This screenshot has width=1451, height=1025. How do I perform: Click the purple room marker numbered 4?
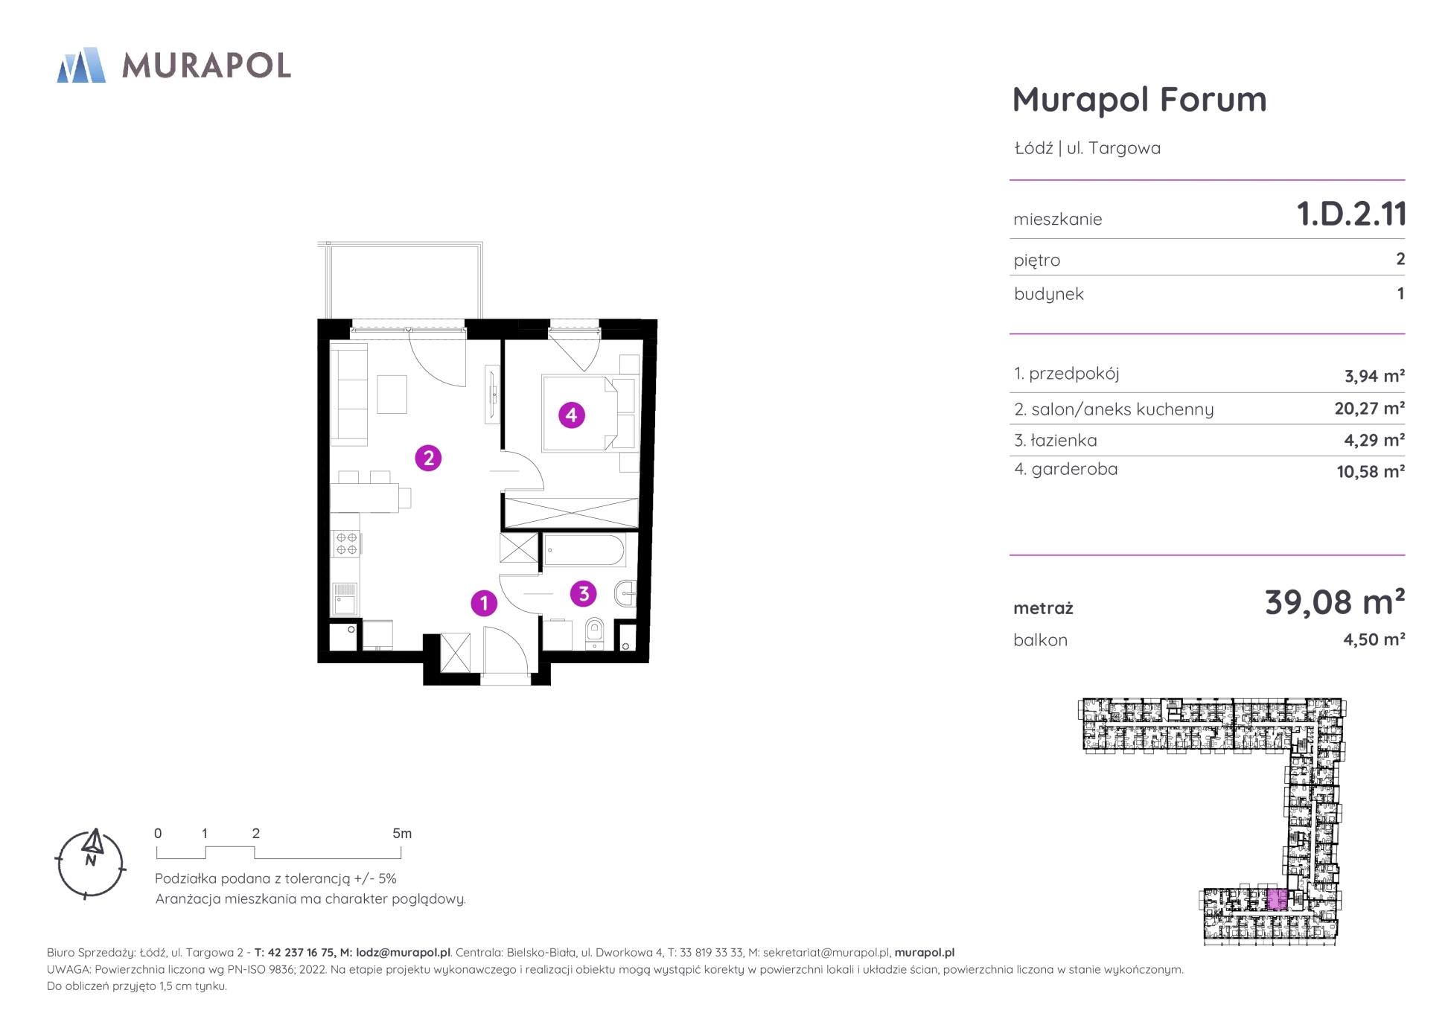572,415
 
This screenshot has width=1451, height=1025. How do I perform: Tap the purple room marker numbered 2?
428,458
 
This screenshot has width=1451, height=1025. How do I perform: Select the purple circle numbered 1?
484,603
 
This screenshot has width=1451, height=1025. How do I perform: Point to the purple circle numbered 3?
584,593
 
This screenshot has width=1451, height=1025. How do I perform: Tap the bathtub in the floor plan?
584,552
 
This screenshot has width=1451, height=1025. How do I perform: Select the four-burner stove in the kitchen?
345,543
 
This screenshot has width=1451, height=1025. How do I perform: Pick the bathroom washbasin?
626,594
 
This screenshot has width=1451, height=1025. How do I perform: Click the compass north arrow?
93,843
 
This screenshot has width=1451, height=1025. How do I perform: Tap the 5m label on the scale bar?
402,834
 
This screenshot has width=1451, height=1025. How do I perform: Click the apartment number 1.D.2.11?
1351,214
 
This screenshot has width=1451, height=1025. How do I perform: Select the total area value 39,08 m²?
1335,602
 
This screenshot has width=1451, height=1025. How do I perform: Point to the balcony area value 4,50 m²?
1374,639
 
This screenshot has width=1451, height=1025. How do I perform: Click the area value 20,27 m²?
1369,409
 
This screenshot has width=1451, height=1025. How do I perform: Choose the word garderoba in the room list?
1074,469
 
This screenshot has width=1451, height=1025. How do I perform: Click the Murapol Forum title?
1139,100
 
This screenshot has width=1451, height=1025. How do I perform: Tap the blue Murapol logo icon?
81,66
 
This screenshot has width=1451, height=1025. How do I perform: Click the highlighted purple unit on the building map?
1276,900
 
